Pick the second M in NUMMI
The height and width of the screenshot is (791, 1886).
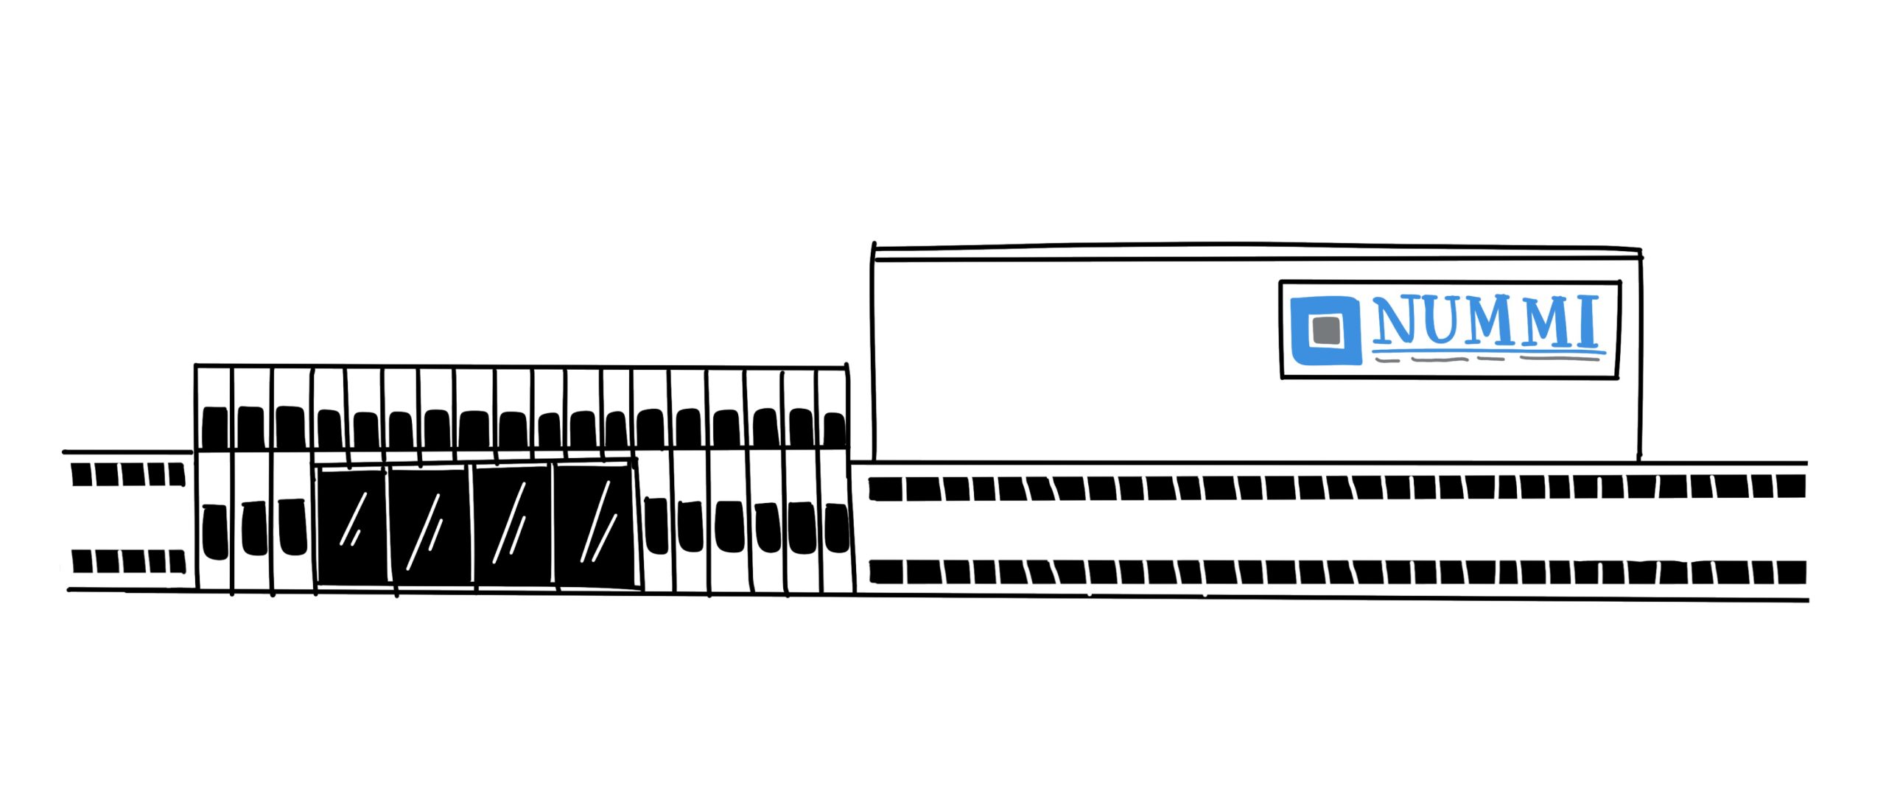[1552, 322]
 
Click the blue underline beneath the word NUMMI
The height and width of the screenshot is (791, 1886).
[1488, 353]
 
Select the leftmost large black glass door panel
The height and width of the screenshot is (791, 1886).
[352, 525]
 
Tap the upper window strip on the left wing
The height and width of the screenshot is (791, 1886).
[128, 474]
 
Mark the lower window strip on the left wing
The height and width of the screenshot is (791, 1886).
[128, 561]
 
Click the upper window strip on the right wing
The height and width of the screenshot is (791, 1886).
[1337, 488]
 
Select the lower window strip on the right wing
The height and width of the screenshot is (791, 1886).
[1337, 572]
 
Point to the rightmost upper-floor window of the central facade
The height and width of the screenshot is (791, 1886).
[834, 429]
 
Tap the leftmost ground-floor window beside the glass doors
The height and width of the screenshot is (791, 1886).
[214, 532]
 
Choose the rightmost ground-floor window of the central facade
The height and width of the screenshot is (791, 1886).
[836, 527]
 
